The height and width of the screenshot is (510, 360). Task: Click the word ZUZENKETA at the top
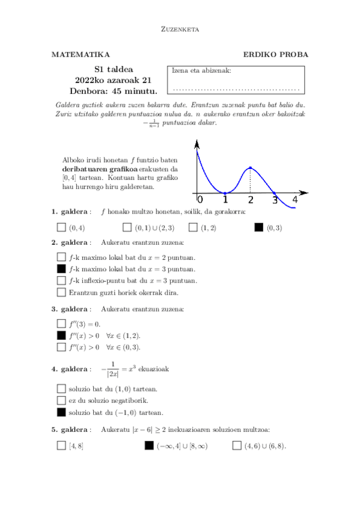pyautogui.click(x=180, y=28)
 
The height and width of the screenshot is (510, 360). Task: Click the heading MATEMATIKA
pyautogui.click(x=81, y=55)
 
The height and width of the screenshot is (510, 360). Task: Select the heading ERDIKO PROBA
pyautogui.click(x=276, y=55)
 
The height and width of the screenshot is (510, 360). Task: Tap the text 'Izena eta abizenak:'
pyautogui.click(x=201, y=70)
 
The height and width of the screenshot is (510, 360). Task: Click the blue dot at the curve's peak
pyautogui.click(x=250, y=168)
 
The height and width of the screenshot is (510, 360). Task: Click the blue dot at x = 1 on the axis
pyautogui.click(x=225, y=193)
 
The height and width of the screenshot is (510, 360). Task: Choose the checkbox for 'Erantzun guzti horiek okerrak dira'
pyautogui.click(x=61, y=292)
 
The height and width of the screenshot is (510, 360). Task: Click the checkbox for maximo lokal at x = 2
pyautogui.click(x=61, y=257)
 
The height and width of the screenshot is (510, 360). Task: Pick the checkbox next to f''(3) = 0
pyautogui.click(x=61, y=324)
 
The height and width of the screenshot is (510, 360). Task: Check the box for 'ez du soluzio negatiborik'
pyautogui.click(x=61, y=401)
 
